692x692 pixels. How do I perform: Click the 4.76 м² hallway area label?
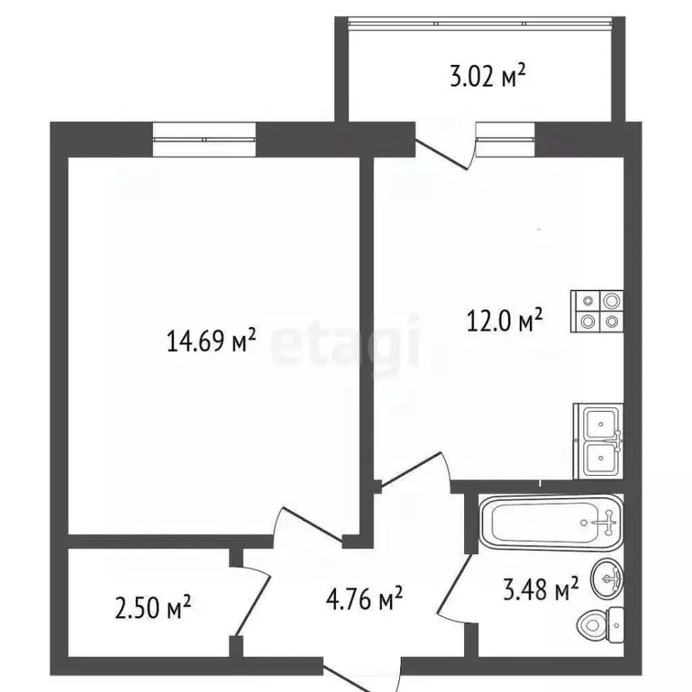coord(364,596)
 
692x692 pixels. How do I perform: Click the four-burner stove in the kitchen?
coord(596,311)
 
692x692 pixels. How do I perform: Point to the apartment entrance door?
coord(360,676)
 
